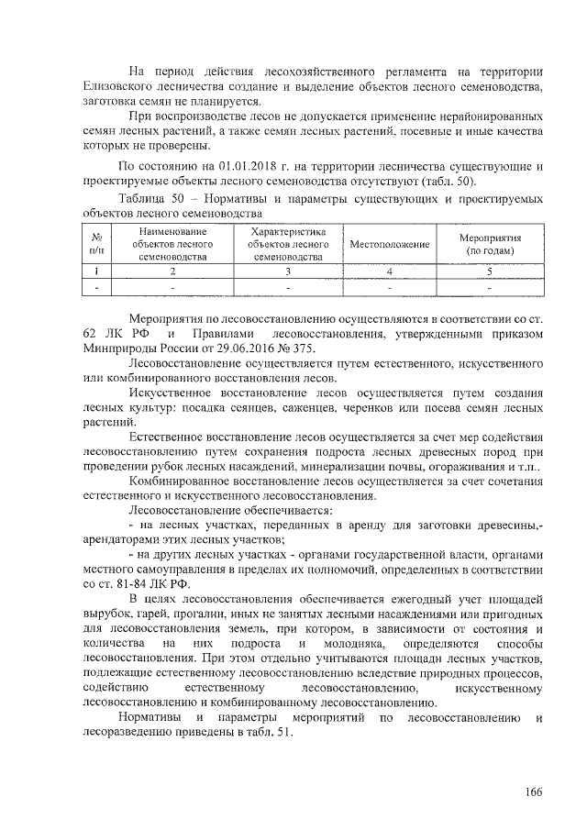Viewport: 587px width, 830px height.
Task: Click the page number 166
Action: pyautogui.click(x=534, y=791)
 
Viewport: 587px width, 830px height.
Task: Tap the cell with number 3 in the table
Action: pyautogui.click(x=287, y=271)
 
